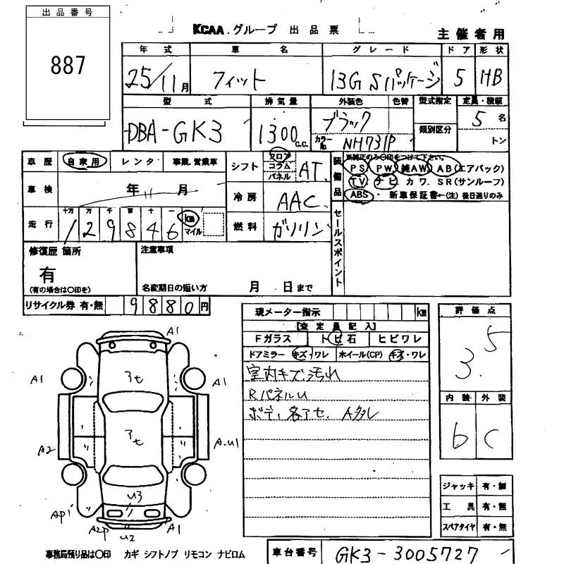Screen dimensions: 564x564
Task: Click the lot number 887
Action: (68, 66)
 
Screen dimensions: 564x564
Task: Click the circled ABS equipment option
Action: (360, 195)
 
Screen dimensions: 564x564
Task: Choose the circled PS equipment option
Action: (358, 168)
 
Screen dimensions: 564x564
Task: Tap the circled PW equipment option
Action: (384, 168)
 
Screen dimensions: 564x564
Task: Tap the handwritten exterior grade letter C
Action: (492, 439)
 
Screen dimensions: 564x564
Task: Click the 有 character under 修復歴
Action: (47, 274)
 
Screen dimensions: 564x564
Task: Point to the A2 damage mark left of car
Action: (46, 448)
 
